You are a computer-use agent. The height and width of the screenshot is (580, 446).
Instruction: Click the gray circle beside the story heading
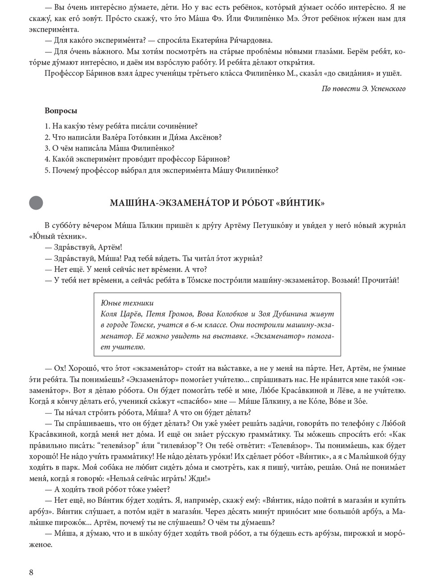pyautogui.click(x=36, y=203)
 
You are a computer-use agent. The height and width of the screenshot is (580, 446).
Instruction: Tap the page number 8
pyautogui.click(x=31, y=572)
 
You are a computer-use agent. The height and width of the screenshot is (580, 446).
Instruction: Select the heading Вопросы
pyautogui.click(x=61, y=111)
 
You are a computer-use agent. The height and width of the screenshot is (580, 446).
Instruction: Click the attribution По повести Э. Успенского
pyautogui.click(x=363, y=88)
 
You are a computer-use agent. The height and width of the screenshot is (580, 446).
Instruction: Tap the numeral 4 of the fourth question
pyautogui.click(x=47, y=159)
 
